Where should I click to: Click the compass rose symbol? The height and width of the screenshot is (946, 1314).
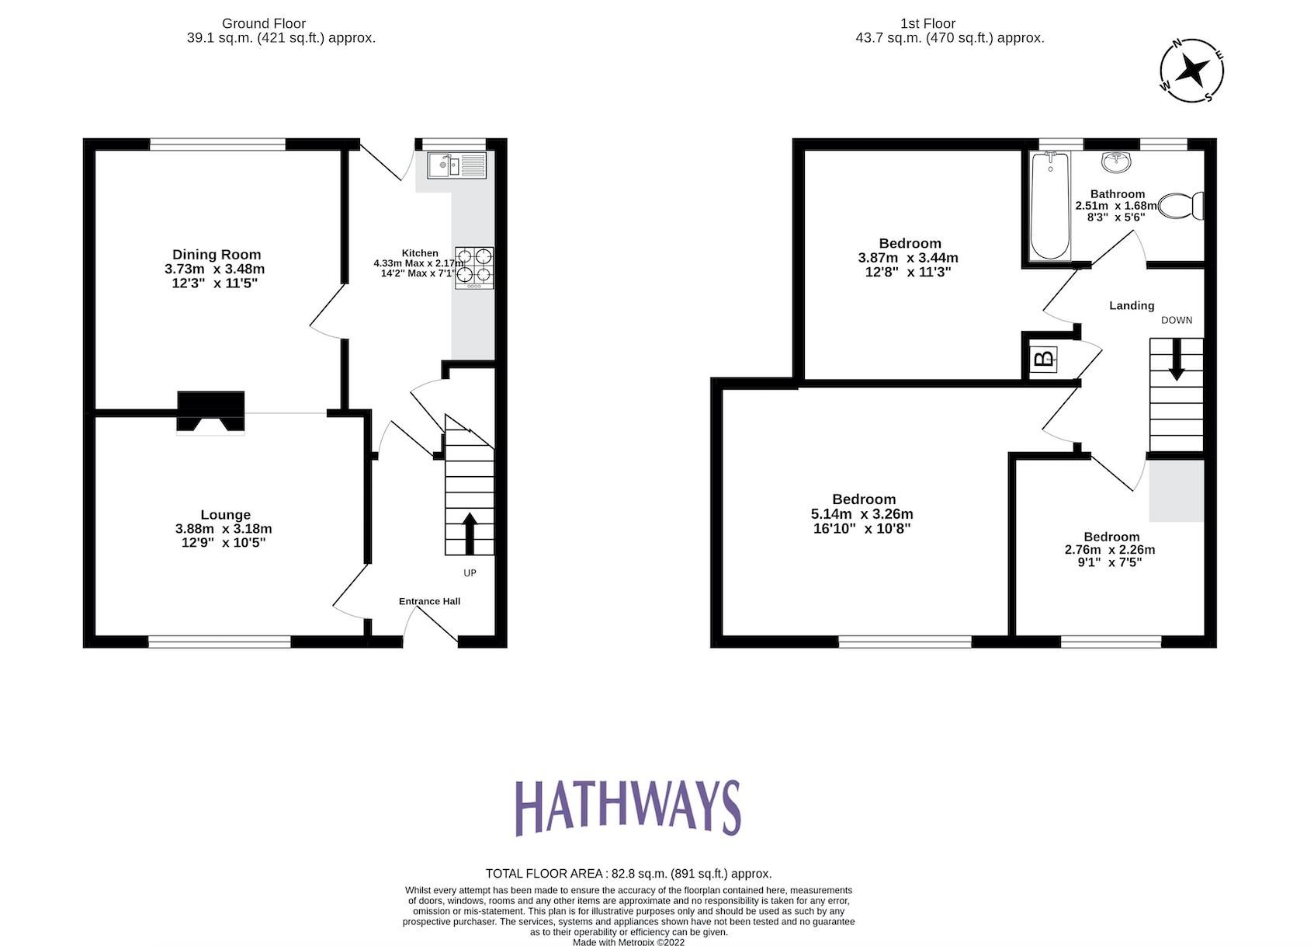pyautogui.click(x=1191, y=71)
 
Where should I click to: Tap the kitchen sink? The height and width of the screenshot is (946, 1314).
pyautogui.click(x=455, y=165)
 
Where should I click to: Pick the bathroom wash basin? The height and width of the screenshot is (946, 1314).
pyautogui.click(x=1116, y=162)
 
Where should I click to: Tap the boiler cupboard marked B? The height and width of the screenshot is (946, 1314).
pyautogui.click(x=1044, y=359)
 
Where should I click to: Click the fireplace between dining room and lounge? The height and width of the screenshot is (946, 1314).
pyautogui.click(x=211, y=411)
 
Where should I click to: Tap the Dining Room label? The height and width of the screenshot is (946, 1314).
pyautogui.click(x=217, y=255)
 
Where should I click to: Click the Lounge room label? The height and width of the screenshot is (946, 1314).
pyautogui.click(x=225, y=514)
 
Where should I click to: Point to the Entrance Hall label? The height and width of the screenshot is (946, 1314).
pyautogui.click(x=429, y=601)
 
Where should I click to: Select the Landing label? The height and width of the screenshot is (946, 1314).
pyautogui.click(x=1131, y=306)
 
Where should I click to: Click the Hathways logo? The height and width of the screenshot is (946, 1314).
pyautogui.click(x=628, y=808)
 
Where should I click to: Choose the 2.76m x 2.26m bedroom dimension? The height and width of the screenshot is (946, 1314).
pyautogui.click(x=1109, y=550)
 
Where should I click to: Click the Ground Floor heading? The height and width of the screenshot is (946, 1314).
pyautogui.click(x=264, y=23)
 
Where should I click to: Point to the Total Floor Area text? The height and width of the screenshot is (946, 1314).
pyautogui.click(x=628, y=874)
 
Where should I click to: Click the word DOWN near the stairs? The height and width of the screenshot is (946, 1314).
pyautogui.click(x=1176, y=320)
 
